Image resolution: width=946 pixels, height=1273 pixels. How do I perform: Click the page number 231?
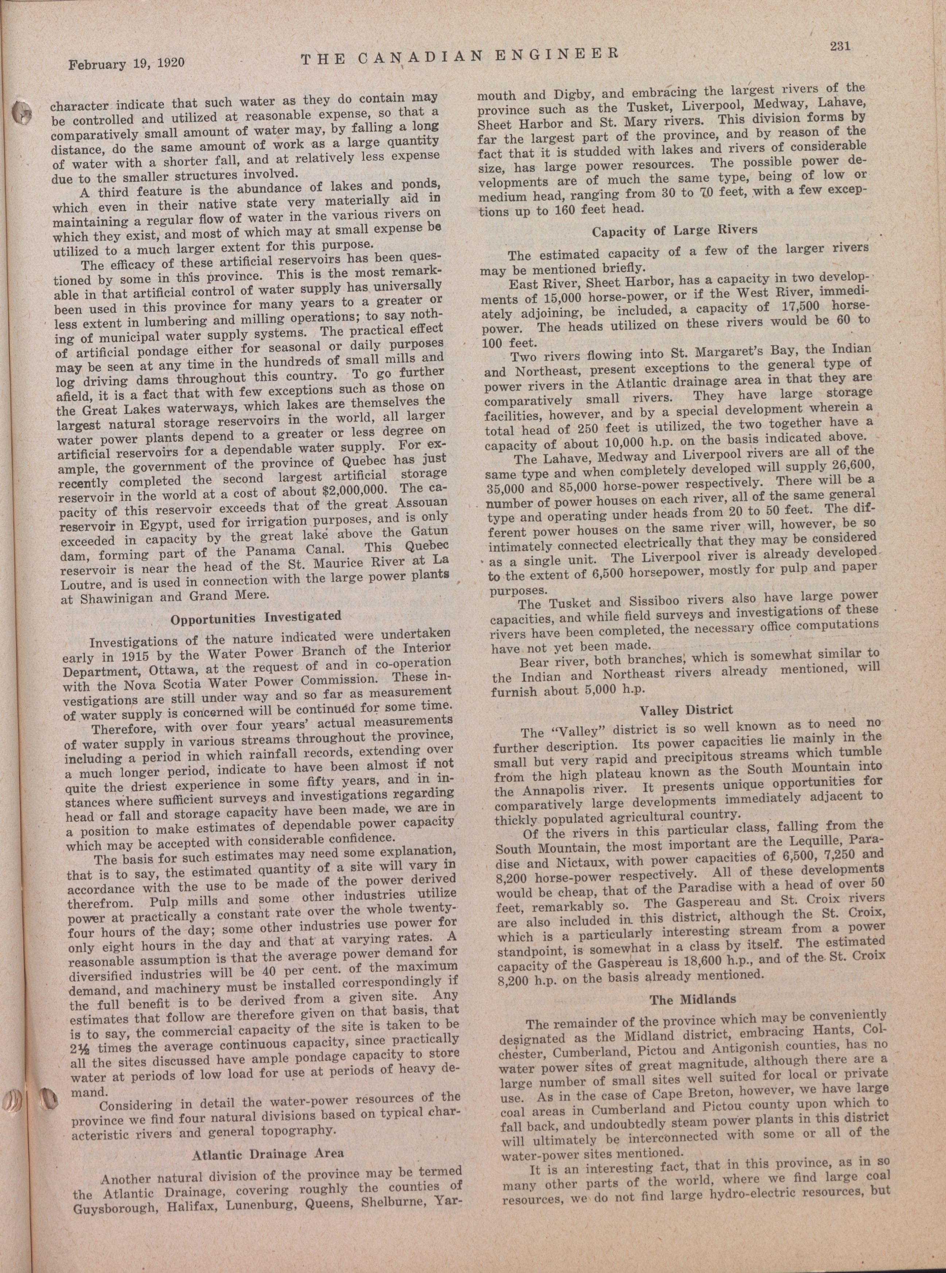click(841, 46)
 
